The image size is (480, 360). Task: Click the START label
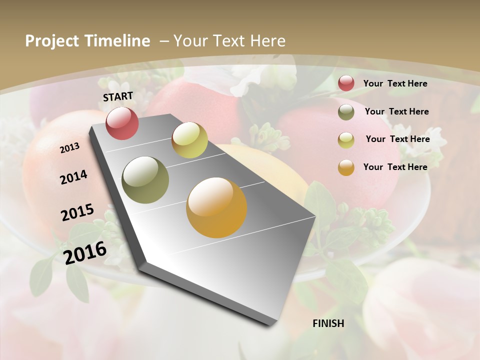click(118, 96)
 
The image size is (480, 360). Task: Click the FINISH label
click(328, 323)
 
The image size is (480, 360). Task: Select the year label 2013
click(69, 148)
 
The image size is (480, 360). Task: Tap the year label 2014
click(74, 177)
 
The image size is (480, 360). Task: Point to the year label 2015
click(77, 212)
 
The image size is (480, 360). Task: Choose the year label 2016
click(85, 252)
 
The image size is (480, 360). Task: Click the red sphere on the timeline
click(122, 123)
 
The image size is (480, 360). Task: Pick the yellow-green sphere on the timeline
click(189, 140)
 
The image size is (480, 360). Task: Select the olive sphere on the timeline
click(145, 179)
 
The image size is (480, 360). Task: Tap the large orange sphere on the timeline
click(216, 207)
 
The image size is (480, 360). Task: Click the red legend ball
click(346, 83)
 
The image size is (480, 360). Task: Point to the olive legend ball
click(346, 112)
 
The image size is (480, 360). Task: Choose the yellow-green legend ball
click(346, 140)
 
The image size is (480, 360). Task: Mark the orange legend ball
click(346, 167)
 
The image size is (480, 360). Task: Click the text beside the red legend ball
click(395, 83)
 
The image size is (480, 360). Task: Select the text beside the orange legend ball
click(395, 167)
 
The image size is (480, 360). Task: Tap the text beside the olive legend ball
click(396, 111)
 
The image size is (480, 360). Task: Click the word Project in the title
click(52, 41)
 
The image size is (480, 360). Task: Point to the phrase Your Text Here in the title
click(229, 41)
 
